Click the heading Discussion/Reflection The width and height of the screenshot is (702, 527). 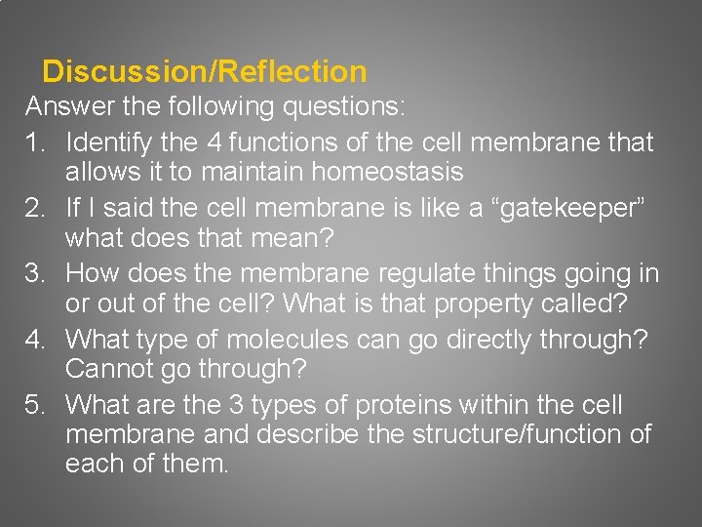coord(205,72)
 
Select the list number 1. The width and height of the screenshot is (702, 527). coord(36,142)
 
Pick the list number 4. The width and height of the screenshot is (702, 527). coord(36,341)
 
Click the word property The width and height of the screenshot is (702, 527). coord(488,304)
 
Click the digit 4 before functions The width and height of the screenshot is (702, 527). coord(214,142)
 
